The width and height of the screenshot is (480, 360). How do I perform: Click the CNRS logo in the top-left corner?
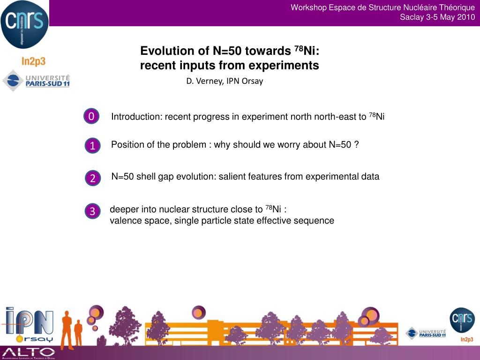24,24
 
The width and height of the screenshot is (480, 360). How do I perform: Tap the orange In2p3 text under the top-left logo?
33,61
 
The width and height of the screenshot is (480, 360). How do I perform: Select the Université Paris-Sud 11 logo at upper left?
36,81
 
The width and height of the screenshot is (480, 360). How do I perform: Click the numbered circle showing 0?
91,116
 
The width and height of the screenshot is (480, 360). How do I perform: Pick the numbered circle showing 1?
92,145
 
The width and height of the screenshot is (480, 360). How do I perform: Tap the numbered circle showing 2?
93,178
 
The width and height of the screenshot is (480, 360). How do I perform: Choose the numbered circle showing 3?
92,211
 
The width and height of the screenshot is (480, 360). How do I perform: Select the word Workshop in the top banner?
308,7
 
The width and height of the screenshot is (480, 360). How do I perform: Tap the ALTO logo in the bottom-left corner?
29,353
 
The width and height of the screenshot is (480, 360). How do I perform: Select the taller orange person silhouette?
67,330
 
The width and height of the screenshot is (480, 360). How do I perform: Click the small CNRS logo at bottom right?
462,320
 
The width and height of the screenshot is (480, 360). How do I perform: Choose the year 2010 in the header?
466,17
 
